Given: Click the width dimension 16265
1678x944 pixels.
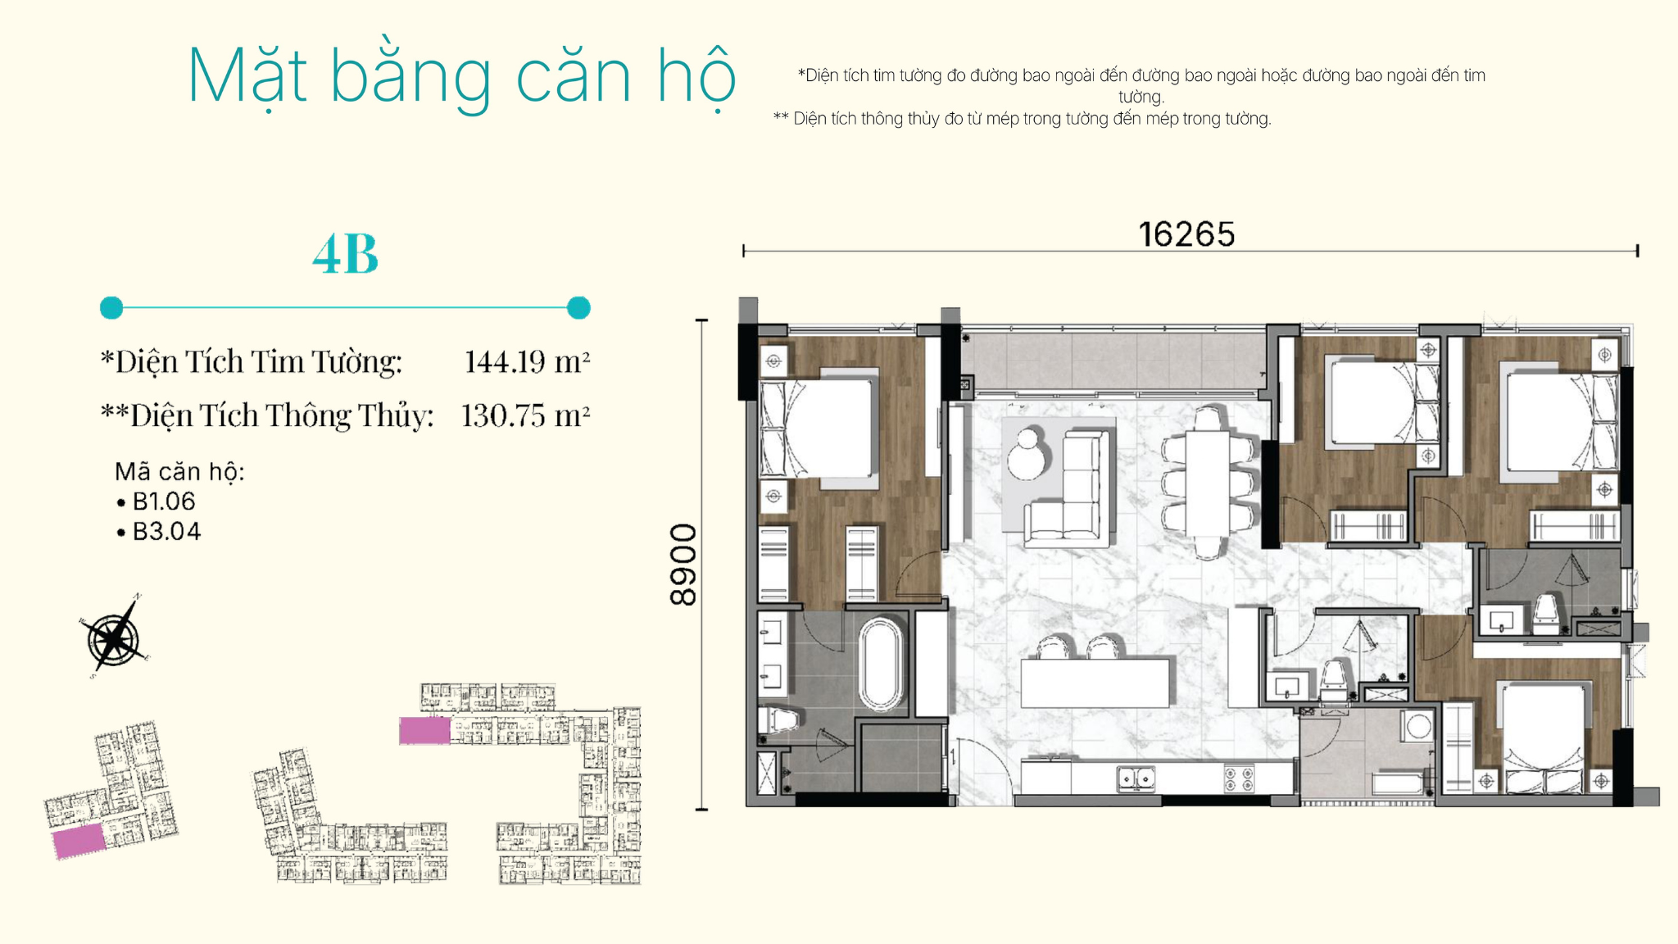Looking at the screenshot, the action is (x=1186, y=234).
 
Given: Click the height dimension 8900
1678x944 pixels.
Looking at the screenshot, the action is (x=683, y=565).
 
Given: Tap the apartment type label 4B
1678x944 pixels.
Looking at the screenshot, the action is (x=346, y=254).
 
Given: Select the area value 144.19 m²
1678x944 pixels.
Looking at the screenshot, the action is (x=527, y=361).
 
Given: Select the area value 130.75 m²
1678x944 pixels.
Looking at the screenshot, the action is (x=525, y=415).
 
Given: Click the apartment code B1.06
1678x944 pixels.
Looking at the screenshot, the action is (x=164, y=501).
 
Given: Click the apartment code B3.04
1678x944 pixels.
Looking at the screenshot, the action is (x=166, y=532).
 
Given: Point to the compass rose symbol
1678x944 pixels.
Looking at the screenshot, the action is (x=116, y=637).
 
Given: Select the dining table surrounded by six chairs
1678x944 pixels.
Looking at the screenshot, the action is (x=1207, y=483).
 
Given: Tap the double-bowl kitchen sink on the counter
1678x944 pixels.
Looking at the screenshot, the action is (x=1136, y=778).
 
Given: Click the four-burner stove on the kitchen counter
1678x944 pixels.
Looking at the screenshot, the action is (x=1238, y=778).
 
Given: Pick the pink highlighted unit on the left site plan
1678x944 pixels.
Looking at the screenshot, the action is (x=79, y=841).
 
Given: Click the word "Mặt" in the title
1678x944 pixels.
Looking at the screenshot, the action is (x=247, y=76).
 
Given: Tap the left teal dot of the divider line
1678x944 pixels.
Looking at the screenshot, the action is (x=111, y=308).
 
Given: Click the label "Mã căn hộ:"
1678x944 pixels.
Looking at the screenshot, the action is (x=179, y=472).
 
